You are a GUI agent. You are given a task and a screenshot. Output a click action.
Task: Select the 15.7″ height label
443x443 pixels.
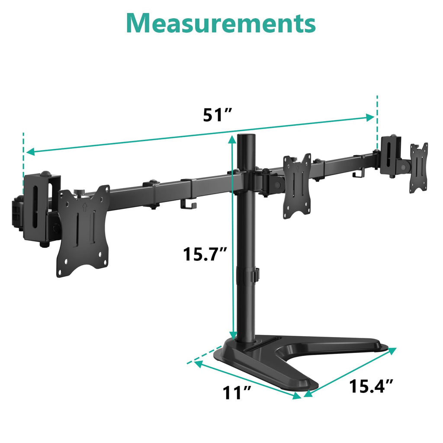coord(205,254)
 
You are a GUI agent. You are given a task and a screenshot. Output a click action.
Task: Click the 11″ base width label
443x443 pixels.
coord(237,393)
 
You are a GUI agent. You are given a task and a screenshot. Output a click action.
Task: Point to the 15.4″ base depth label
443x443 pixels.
coord(371,386)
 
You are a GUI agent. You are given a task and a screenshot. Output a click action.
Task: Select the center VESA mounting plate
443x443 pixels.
coord(297,185)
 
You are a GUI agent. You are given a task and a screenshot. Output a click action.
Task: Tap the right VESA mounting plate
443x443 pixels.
coord(419,167)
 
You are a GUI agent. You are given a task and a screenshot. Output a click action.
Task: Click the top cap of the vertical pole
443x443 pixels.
coord(248,138)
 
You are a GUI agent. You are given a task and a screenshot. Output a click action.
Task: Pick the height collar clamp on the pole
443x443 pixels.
coord(250,276)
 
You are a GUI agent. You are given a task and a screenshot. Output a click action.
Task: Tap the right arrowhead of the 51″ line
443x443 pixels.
coord(370,117)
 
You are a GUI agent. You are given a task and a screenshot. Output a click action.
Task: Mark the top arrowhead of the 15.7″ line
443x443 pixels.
coord(233,139)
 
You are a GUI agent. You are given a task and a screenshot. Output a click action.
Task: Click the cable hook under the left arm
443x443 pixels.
coord(188,206)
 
